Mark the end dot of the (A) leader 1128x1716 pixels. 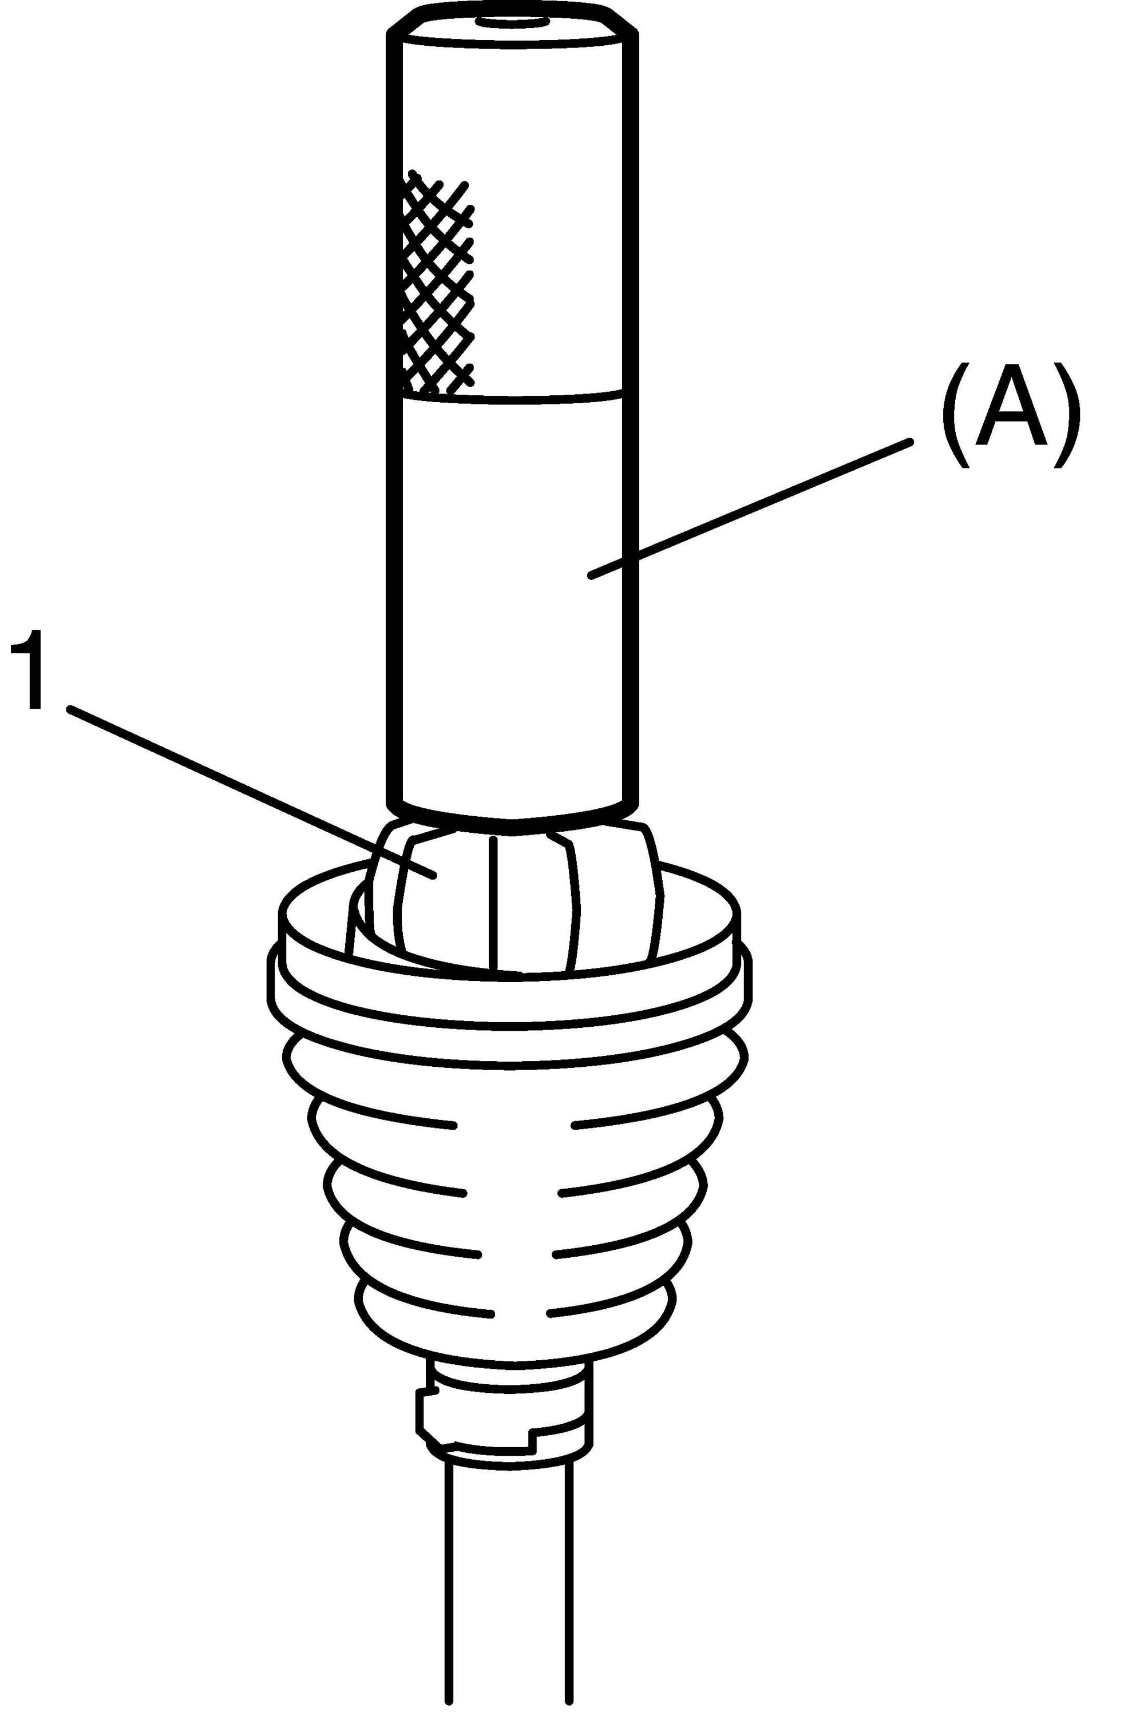pos(591,575)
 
